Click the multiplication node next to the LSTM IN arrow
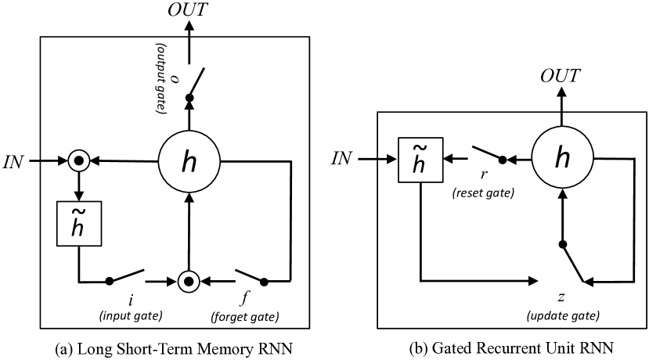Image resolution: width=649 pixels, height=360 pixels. [x=77, y=162]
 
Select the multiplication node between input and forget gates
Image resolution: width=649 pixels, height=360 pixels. [x=188, y=279]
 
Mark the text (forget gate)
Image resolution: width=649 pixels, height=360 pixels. [x=244, y=317]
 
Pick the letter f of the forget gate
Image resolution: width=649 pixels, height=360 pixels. [x=244, y=301]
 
